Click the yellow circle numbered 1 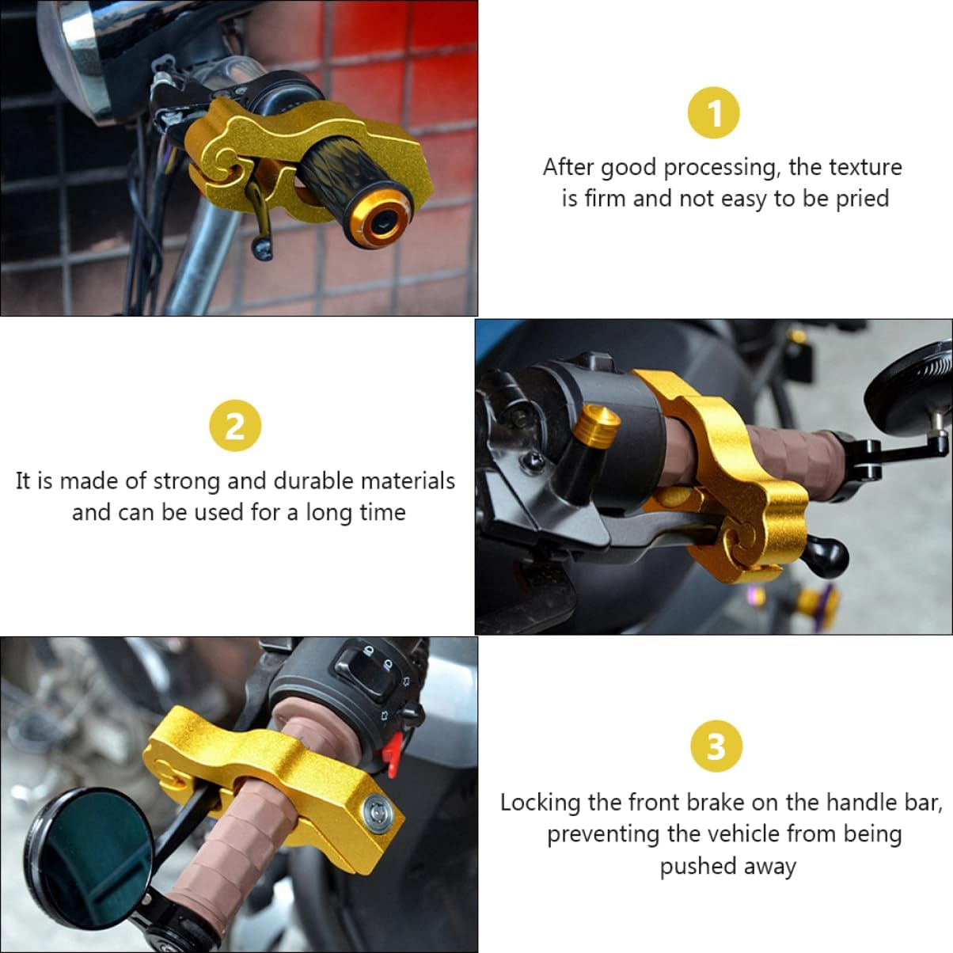click(x=714, y=112)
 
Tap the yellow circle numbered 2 click(x=235, y=425)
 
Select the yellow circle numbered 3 click(x=716, y=746)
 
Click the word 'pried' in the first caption click(x=862, y=199)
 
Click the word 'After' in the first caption click(x=569, y=168)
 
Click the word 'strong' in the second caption click(x=186, y=482)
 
